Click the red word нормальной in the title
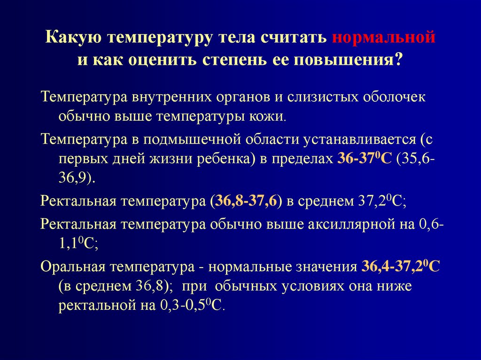[384, 38]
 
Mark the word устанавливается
[358, 140]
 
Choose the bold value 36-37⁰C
[365, 159]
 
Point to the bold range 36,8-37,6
[246, 201]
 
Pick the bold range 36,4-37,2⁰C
[401, 267]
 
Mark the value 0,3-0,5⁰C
[192, 306]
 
